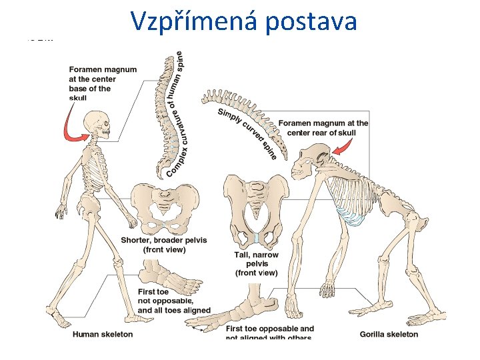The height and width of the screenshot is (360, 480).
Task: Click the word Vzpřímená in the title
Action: pyautogui.click(x=194, y=21)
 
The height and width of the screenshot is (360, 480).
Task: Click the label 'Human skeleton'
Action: pyautogui.click(x=103, y=334)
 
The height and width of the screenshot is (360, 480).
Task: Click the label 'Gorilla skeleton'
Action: pyautogui.click(x=389, y=334)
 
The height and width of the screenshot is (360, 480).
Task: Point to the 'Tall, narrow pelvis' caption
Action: pyautogui.click(x=257, y=263)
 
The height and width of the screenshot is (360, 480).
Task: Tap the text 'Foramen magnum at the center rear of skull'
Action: pyautogui.click(x=323, y=127)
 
